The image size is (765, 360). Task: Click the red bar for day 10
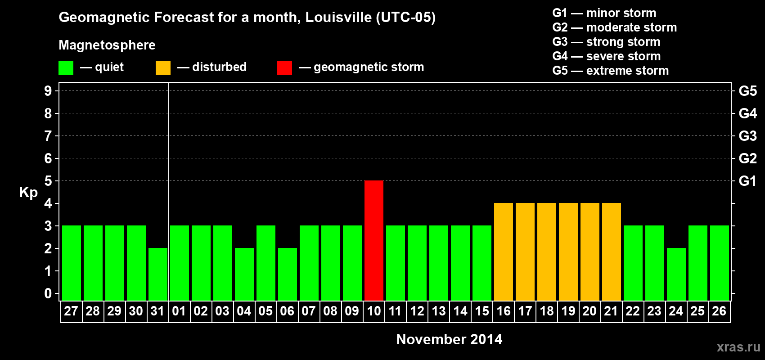pos(374,240)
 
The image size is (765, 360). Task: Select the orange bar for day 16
pos(504,252)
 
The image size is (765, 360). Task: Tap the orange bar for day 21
pos(612,252)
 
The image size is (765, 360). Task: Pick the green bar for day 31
pos(158,274)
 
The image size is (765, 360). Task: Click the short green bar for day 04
pos(244,274)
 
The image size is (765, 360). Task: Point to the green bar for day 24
pos(676,274)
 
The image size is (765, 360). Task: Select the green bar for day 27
pos(72,263)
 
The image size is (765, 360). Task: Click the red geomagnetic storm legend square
pos(284,68)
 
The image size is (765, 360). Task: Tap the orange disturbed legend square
pos(163,68)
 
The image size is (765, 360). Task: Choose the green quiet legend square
pos(66,68)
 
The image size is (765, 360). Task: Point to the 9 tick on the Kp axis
pos(48,91)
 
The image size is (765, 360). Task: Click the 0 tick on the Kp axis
pos(48,294)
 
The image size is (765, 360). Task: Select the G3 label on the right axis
pos(747,136)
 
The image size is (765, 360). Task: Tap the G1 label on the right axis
pos(747,181)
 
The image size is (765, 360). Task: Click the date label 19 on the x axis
pos(568,311)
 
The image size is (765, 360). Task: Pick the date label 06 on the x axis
pos(287,311)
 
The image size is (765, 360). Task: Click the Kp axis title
pos(28,192)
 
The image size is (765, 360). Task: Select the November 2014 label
pos(449,339)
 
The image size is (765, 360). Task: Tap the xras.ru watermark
pos(738,346)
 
